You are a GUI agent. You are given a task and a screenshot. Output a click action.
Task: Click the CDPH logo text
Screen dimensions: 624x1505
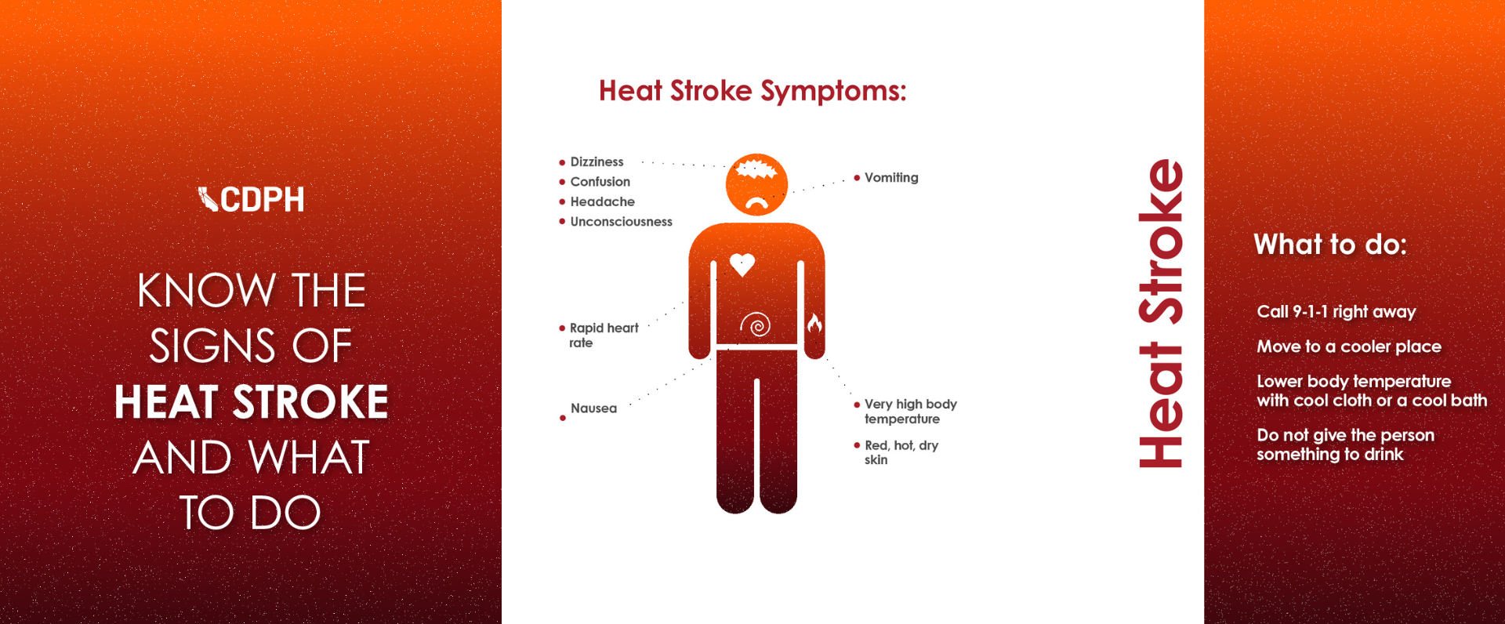261,199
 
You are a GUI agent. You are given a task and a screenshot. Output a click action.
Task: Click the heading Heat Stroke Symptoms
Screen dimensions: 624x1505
752,91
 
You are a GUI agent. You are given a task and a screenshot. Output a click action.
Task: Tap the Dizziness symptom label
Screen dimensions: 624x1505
597,161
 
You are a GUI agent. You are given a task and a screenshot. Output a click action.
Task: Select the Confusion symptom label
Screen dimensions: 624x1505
600,182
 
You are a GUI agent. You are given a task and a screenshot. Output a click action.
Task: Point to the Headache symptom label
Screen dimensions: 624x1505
602,201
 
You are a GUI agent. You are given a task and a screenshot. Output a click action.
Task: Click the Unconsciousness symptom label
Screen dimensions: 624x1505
621,222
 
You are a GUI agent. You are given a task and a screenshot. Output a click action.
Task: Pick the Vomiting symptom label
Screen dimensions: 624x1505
891,178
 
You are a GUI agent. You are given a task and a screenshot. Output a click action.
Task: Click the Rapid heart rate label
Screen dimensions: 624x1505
603,335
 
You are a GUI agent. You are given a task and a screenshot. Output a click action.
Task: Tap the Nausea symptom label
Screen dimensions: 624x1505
593,408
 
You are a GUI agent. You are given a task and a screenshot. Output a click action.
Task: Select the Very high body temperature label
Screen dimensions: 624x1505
909,412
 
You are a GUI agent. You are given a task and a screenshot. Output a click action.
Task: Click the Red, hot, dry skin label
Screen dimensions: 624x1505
901,452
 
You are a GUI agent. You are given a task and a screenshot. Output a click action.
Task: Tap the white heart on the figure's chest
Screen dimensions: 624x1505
742,264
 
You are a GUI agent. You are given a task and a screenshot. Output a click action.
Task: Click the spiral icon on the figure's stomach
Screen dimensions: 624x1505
756,324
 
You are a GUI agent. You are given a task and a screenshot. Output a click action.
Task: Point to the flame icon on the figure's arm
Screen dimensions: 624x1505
814,322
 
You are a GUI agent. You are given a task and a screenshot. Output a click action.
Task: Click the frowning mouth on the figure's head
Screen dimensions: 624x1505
756,203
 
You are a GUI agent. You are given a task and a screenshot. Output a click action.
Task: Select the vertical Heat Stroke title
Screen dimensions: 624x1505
1161,314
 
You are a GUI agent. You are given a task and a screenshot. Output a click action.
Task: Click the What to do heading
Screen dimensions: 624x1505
1330,245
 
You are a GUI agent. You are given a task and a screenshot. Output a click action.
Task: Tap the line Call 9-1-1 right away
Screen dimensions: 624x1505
1336,312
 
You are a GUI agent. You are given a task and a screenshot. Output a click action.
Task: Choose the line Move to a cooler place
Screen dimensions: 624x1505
1348,346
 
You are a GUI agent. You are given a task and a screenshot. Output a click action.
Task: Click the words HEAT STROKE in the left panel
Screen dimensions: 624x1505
251,402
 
